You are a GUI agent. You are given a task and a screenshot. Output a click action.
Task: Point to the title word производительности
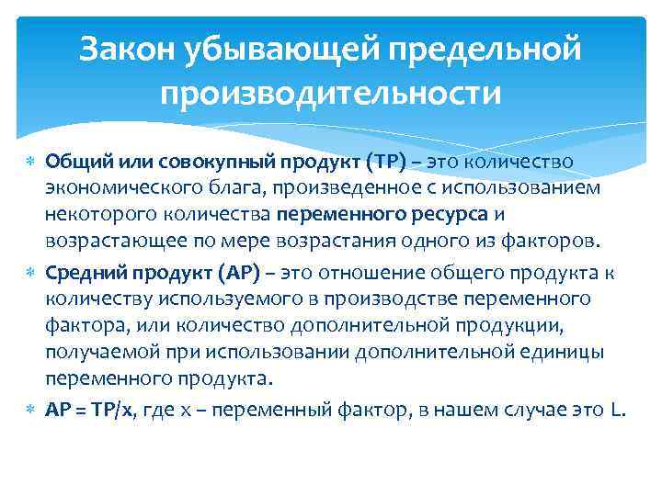pos(331,94)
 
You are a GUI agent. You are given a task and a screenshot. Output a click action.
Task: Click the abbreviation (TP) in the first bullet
pos(383,163)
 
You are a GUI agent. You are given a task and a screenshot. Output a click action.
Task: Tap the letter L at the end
pos(617,411)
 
